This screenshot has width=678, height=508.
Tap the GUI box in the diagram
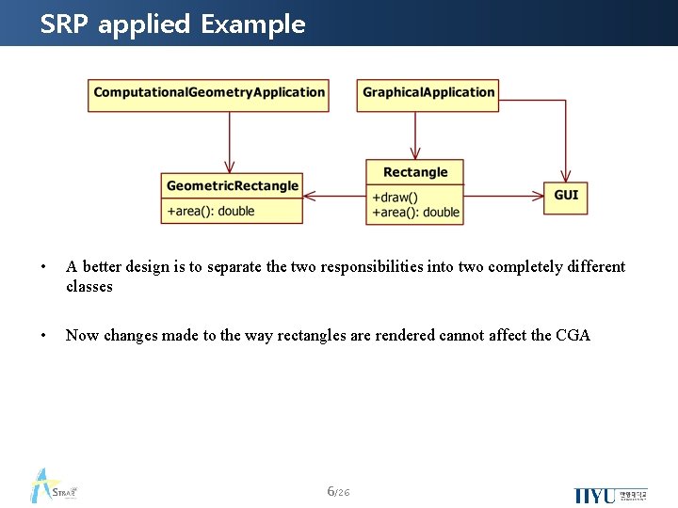click(x=565, y=196)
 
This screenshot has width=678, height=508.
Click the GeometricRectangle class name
click(x=232, y=186)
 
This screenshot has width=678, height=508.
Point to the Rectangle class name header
click(x=415, y=172)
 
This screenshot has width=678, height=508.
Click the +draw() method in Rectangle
click(x=395, y=198)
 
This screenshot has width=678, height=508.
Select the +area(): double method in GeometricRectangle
click(x=211, y=211)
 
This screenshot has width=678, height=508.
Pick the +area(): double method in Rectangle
click(x=415, y=213)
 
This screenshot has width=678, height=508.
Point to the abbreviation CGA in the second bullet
click(x=573, y=335)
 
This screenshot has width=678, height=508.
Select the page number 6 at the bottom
click(x=330, y=491)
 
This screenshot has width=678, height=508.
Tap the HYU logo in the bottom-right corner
click(x=609, y=495)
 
